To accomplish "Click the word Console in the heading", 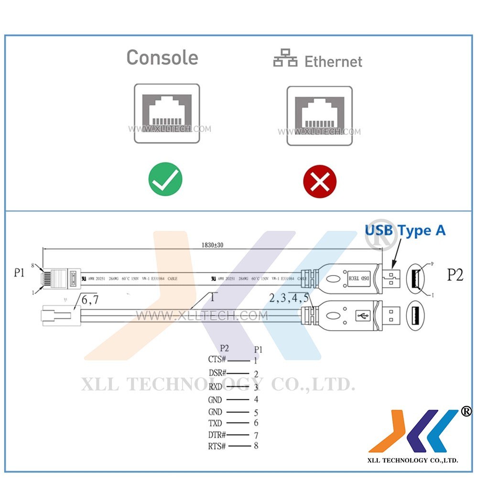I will coord(162,57).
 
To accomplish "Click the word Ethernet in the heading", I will coord(333,62).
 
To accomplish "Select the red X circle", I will coord(320,182).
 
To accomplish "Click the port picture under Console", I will coord(166,114).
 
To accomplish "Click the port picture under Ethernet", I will coord(319,116).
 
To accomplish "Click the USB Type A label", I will coord(405,230).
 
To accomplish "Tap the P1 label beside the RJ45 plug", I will coord(19,273).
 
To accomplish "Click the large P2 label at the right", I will coord(455,275).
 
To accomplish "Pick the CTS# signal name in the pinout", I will coord(217,359).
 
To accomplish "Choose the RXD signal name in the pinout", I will coord(215,387).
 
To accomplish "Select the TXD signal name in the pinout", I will coord(215,423).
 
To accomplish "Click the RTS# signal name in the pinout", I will coord(217,446).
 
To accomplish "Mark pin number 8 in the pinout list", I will coord(256,446).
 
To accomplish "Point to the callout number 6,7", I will coord(90,300).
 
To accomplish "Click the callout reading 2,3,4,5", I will coord(288,299).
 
